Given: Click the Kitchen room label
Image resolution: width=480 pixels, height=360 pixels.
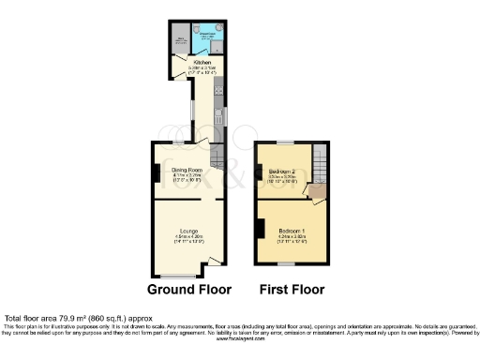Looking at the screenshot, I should (202, 63).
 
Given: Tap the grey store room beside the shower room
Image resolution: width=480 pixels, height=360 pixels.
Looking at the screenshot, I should (180, 42).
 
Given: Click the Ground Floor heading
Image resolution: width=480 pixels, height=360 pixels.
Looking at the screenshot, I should (188, 289).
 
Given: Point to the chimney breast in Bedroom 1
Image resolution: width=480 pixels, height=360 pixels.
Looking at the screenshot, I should (261, 228).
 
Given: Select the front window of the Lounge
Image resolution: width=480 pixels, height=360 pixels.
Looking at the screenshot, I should (177, 275).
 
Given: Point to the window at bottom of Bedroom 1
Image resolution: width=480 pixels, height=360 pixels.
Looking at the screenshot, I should (291, 265).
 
